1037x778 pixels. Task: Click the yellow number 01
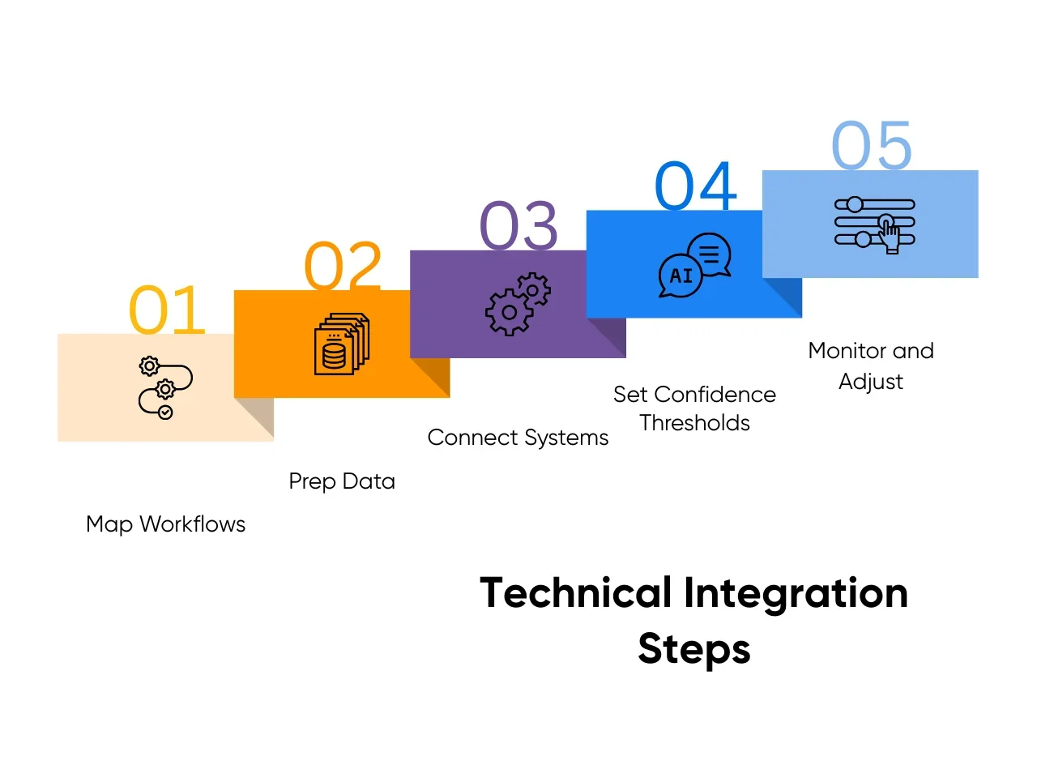167,309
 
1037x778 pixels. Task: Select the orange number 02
343,266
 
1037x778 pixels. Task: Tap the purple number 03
518,224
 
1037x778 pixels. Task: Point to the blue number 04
695,185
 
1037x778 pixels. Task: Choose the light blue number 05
871,144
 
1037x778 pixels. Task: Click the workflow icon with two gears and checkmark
165,387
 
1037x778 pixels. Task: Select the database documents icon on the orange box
342,344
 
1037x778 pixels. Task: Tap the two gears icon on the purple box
518,304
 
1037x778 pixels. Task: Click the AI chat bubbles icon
694,265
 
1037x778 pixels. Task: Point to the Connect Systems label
518,438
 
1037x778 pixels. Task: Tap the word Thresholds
694,423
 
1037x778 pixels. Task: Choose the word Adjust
871,382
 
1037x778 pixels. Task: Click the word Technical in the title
575,592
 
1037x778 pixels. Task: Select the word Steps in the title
694,649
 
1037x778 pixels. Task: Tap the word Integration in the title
796,594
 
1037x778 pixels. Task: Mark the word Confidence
715,395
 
